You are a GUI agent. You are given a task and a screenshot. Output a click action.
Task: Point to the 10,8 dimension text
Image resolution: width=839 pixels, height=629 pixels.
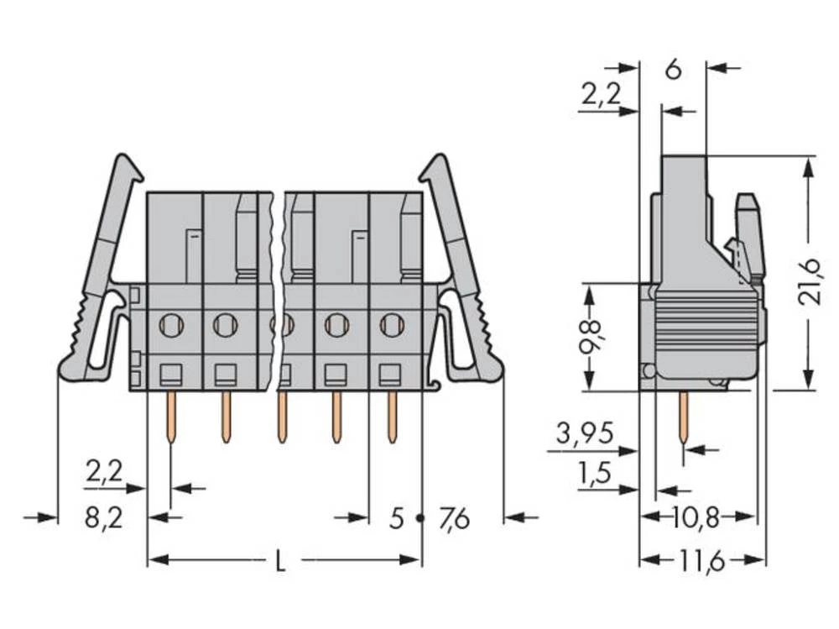pyautogui.click(x=696, y=517)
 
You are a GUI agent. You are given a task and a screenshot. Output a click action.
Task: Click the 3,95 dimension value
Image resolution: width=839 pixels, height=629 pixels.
pyautogui.click(x=585, y=434)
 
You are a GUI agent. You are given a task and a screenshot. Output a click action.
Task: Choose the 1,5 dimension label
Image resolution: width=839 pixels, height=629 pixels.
pyautogui.click(x=595, y=474)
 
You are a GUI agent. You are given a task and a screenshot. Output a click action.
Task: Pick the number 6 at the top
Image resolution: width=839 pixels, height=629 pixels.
pyautogui.click(x=673, y=70)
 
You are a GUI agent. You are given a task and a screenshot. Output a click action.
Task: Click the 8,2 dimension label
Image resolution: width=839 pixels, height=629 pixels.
pyautogui.click(x=104, y=518)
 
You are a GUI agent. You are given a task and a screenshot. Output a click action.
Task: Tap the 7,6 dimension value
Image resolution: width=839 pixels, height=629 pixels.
pyautogui.click(x=454, y=520)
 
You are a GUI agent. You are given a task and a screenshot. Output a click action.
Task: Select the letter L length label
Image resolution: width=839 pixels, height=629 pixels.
pyautogui.click(x=280, y=561)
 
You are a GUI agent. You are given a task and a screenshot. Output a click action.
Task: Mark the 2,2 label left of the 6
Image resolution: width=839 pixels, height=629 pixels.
pyautogui.click(x=601, y=95)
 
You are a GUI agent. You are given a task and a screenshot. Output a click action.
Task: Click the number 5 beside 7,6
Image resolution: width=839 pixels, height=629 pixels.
pyautogui.click(x=397, y=520)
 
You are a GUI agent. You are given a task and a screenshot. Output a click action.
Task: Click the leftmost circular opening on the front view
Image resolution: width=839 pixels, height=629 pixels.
pyautogui.click(x=171, y=324)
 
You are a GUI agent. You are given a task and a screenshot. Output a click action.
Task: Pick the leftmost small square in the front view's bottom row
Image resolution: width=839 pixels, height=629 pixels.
pyautogui.click(x=171, y=373)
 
